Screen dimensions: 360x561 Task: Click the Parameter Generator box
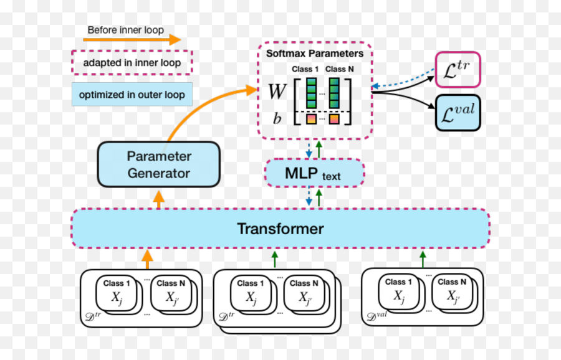159,164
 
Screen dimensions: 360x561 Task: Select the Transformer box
280,229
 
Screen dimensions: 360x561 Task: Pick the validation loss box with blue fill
458,113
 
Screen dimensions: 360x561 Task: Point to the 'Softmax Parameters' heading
314,54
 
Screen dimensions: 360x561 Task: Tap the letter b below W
277,118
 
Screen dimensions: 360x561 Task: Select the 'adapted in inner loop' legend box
132,63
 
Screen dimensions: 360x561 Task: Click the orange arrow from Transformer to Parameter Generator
159,199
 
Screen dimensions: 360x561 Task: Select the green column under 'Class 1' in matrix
310,93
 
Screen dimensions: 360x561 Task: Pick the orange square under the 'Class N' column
334,118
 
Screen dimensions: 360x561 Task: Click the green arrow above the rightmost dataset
422,258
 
